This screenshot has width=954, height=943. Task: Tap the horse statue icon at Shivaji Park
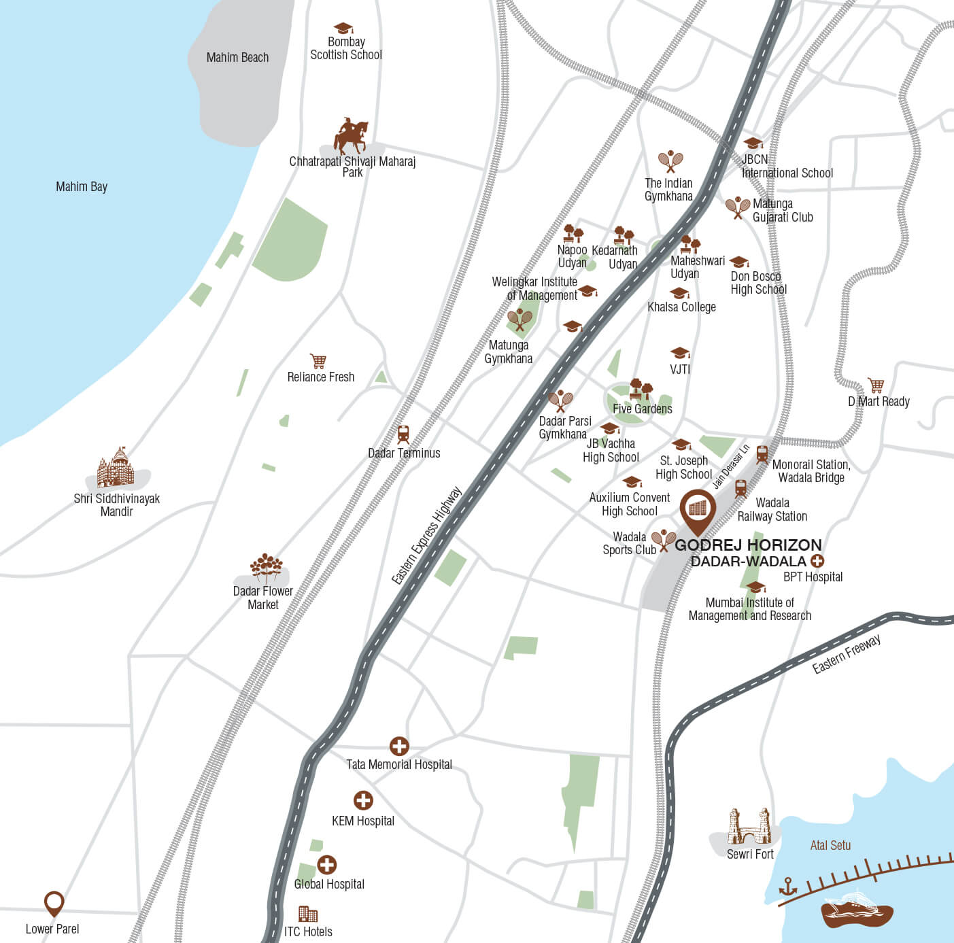pos(351,137)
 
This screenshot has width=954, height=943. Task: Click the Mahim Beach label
pos(237,58)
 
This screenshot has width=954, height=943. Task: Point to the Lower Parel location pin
pos(54,904)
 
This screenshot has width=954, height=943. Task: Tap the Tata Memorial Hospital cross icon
pos(399,746)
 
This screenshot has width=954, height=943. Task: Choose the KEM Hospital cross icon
pos(363,800)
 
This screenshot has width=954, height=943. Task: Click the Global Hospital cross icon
pos(327,864)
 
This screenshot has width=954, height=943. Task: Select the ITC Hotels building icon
pos(308,914)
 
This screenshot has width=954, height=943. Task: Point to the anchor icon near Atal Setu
pos(787,887)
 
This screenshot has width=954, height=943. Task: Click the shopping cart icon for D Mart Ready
pos(876,385)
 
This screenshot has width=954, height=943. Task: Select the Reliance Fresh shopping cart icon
pos(318,360)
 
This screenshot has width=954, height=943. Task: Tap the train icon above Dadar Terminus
pos(403,434)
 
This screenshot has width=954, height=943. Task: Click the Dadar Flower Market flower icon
pos(265,568)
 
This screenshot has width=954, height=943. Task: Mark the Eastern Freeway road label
pos(847,653)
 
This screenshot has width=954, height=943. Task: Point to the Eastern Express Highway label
pos(426,535)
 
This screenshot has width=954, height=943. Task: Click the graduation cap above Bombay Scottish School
pos(344,28)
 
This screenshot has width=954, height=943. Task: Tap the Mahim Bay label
pos(82,186)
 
